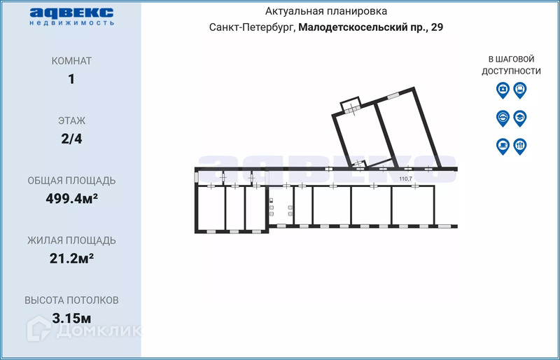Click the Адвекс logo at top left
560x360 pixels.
(x=72, y=16)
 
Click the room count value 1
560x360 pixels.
(x=71, y=79)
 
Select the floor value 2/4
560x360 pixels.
(x=71, y=139)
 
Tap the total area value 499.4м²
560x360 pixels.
(x=72, y=198)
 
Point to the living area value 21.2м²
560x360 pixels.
(x=72, y=258)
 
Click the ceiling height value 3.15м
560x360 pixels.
(x=71, y=318)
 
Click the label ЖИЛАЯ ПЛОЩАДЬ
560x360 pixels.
(x=71, y=241)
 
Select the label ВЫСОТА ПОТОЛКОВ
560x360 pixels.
(x=71, y=300)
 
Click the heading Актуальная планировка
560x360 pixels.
(x=325, y=11)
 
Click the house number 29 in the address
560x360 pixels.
(x=437, y=27)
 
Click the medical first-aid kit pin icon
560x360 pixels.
(x=503, y=90)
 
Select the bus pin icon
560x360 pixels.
(x=520, y=90)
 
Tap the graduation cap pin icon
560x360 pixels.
(x=520, y=118)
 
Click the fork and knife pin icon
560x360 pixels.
(x=520, y=146)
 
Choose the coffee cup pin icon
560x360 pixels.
(x=503, y=146)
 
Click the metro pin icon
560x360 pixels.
(x=503, y=118)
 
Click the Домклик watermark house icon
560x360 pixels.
(x=39, y=328)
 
